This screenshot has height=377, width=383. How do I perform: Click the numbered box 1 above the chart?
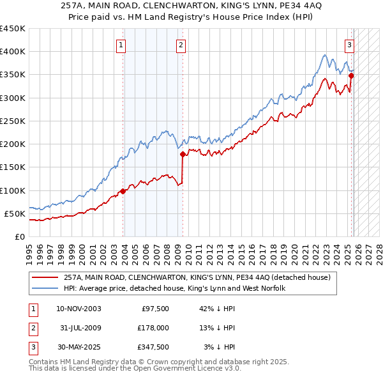pos(121,45)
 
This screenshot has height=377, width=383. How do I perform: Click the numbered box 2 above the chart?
pos(181,45)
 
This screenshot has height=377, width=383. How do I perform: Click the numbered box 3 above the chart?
pos(350,45)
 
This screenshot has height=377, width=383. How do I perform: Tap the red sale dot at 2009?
pos(183,154)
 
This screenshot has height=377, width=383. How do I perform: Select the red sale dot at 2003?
pos(123,191)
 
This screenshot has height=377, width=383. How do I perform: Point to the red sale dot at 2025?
pos(351,75)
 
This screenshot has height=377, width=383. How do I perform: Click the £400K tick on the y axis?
pos(13,52)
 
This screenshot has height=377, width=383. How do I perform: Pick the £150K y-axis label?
pos(13,167)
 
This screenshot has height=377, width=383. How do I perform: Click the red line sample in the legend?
pos(45,277)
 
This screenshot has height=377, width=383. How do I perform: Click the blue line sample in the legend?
pos(45,288)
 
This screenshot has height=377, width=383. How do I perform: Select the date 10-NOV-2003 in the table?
pos(79,309)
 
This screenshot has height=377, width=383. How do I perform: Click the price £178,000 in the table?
pos(153,328)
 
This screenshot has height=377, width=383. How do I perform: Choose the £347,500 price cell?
pos(153,347)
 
